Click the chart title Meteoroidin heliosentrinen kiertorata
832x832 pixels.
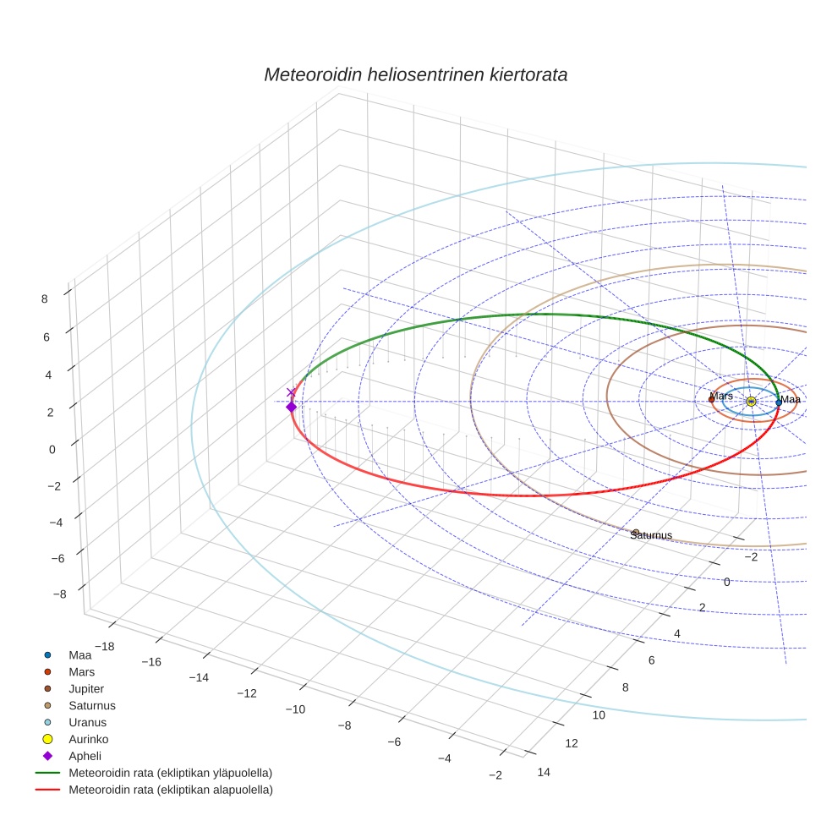[x=415, y=74]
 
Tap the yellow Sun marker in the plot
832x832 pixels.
[x=751, y=402]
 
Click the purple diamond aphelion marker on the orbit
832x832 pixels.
[x=292, y=407]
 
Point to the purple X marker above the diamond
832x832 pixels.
[x=292, y=392]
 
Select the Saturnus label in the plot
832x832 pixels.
[x=651, y=535]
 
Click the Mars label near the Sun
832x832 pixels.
[x=721, y=396]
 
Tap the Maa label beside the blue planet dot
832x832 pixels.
[x=791, y=400]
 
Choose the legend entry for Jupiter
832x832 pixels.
[x=86, y=688]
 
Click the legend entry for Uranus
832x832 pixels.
[x=87, y=722]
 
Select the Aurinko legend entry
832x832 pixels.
[x=89, y=739]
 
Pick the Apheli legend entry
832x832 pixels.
[x=85, y=756]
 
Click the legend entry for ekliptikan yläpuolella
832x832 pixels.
[x=170, y=773]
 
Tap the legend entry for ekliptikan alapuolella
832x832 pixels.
[x=170, y=791]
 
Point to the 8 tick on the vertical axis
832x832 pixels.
[x=43, y=298]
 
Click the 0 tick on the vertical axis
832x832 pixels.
[x=52, y=449]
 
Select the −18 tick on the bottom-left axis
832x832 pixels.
[x=105, y=647]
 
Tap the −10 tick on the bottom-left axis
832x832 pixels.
[x=296, y=709]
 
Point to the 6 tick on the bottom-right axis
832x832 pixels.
[x=651, y=660]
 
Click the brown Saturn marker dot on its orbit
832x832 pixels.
[x=636, y=532]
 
